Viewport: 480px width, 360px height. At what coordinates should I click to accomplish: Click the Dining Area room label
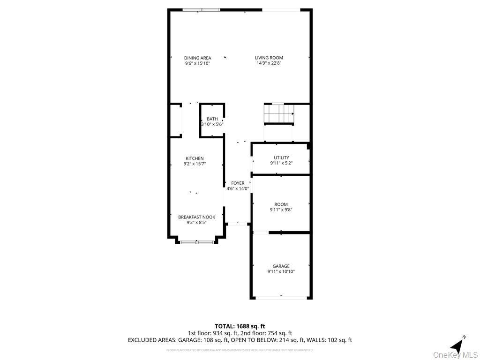pyautogui.click(x=197, y=58)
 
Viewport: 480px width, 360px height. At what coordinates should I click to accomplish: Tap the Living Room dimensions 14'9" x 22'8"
pyautogui.click(x=269, y=63)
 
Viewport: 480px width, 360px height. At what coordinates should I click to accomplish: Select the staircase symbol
pyautogui.click(x=279, y=114)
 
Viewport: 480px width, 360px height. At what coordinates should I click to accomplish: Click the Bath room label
pyautogui.click(x=212, y=119)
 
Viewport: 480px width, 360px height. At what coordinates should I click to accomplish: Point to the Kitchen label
pyautogui.click(x=195, y=158)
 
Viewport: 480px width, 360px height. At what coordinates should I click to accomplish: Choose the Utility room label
pyautogui.click(x=281, y=157)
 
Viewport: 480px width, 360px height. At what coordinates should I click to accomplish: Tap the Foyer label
pyautogui.click(x=238, y=183)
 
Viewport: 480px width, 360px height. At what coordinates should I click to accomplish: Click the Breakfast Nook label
pyautogui.click(x=196, y=217)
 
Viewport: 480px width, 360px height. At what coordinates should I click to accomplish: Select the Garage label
pyautogui.click(x=281, y=266)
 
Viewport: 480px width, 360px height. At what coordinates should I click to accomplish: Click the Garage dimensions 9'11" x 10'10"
pyautogui.click(x=281, y=271)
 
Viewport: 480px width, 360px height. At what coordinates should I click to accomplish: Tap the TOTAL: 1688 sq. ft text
pyautogui.click(x=240, y=326)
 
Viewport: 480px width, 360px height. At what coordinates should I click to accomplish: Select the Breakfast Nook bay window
pyautogui.click(x=196, y=242)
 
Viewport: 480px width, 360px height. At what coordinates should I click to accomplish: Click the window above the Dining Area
pyautogui.click(x=201, y=9)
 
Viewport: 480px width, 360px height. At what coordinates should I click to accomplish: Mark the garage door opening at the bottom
pyautogui.click(x=281, y=297)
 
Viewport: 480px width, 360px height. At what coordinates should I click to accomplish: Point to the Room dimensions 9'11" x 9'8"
pyautogui.click(x=281, y=210)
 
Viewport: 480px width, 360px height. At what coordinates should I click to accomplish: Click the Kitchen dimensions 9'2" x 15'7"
pyautogui.click(x=195, y=164)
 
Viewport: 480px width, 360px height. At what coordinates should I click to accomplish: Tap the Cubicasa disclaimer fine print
pyautogui.click(x=240, y=350)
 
